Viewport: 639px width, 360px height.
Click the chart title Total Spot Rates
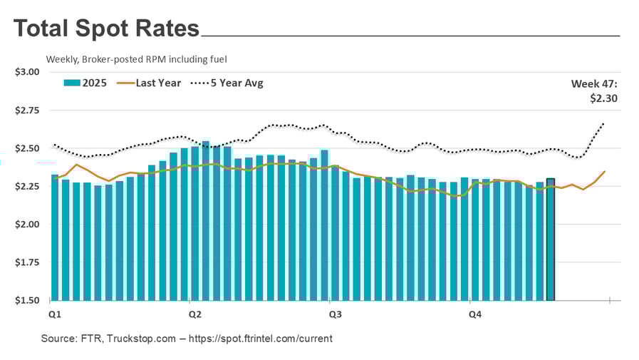[107, 29]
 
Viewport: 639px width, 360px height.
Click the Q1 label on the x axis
[53, 313]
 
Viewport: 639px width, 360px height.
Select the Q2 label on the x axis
[193, 313]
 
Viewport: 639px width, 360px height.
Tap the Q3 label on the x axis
[333, 313]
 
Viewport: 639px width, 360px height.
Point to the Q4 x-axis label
[473, 313]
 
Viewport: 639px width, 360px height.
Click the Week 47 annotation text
[594, 83]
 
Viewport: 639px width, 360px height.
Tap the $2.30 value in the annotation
[603, 98]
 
